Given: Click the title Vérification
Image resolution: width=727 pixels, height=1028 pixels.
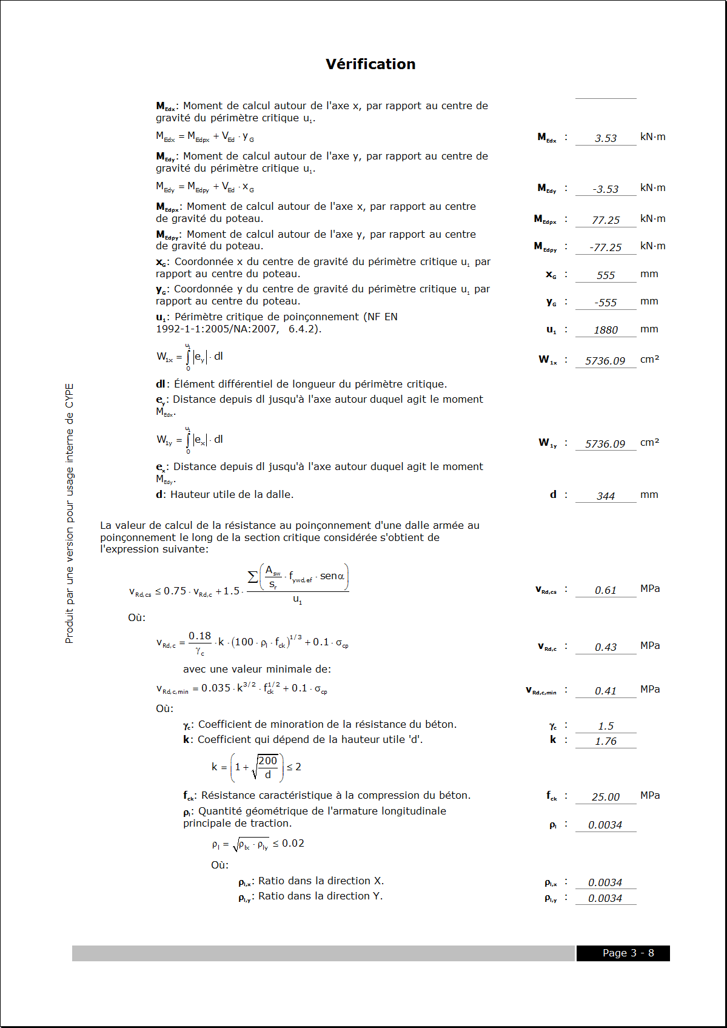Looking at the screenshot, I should click(370, 64).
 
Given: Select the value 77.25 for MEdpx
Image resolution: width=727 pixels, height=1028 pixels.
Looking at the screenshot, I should click(606, 220).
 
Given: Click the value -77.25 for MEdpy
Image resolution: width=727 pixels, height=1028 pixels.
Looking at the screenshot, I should click(606, 247).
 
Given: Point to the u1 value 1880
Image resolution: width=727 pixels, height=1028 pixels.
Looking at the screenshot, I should click(606, 330).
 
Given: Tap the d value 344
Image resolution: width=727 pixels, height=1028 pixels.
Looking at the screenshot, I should click(606, 496).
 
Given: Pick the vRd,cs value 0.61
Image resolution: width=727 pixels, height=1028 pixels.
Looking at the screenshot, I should click(606, 590).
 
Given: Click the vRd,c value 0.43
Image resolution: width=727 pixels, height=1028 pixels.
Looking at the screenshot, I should click(606, 647).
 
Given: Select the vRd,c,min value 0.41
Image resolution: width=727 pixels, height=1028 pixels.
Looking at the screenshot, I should click(606, 691).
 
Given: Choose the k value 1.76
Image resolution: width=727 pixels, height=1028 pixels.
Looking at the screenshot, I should click(606, 741).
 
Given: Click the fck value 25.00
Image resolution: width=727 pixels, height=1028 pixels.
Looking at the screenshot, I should click(606, 797).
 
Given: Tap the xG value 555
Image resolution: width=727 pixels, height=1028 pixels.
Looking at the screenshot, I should click(606, 275).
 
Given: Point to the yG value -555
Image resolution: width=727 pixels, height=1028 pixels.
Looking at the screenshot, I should click(606, 303).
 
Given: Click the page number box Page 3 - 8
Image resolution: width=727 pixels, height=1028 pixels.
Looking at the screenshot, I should click(623, 953).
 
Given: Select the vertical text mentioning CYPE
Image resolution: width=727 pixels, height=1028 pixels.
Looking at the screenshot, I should click(70, 513).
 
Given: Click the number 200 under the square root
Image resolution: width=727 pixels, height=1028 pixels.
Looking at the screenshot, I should click(267, 761).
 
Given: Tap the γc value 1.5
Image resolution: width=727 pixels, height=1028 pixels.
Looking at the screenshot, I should click(606, 726).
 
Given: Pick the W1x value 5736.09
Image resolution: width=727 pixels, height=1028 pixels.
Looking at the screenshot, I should click(605, 361).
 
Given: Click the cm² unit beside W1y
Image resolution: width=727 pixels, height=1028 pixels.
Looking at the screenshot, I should click(649, 443).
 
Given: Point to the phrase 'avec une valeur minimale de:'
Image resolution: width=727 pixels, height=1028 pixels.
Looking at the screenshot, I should click(257, 670).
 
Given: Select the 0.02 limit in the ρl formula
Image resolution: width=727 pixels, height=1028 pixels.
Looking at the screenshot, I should click(293, 844).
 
